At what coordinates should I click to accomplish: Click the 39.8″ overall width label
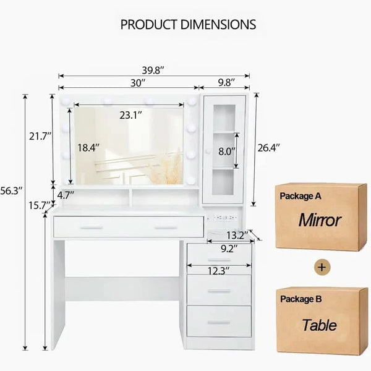pos(153,70)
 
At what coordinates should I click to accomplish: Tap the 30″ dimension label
pos(138,83)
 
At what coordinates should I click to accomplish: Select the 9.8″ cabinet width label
pos(226,83)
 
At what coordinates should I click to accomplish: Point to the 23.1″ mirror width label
pos(130,115)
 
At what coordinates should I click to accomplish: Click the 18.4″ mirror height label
pos(88,148)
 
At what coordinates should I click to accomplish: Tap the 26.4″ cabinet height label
pos(268,148)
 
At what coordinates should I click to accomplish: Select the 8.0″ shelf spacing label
pos(227,151)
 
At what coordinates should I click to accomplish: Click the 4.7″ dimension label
pos(66,195)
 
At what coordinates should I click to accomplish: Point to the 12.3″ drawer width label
pos(218,271)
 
